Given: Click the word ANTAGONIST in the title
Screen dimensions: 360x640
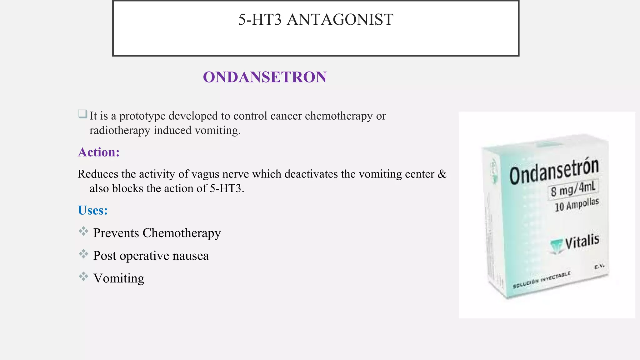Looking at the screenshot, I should [x=340, y=19].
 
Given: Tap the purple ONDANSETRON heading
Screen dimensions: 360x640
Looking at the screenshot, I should [x=265, y=77].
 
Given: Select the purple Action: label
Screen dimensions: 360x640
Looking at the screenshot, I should [x=99, y=152].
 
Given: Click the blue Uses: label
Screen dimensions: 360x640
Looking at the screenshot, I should [x=93, y=210].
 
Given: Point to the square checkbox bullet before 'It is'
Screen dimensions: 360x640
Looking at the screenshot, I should [x=83, y=114].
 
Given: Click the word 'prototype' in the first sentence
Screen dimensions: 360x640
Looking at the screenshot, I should [x=142, y=116].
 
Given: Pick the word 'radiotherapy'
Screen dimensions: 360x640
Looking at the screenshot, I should [x=120, y=130].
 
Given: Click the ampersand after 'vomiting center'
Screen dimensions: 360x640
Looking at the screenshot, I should [x=442, y=174].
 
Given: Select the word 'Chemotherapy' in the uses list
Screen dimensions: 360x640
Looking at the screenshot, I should [x=182, y=233].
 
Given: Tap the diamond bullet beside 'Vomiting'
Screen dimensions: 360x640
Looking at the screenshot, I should [x=83, y=276].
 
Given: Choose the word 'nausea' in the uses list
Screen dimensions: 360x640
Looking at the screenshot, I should [x=191, y=256].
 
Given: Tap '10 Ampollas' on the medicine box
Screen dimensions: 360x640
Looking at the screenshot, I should [x=577, y=205].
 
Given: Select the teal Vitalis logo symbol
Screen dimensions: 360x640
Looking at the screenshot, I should [x=556, y=247].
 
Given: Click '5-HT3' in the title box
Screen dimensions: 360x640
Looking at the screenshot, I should [x=260, y=19].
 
